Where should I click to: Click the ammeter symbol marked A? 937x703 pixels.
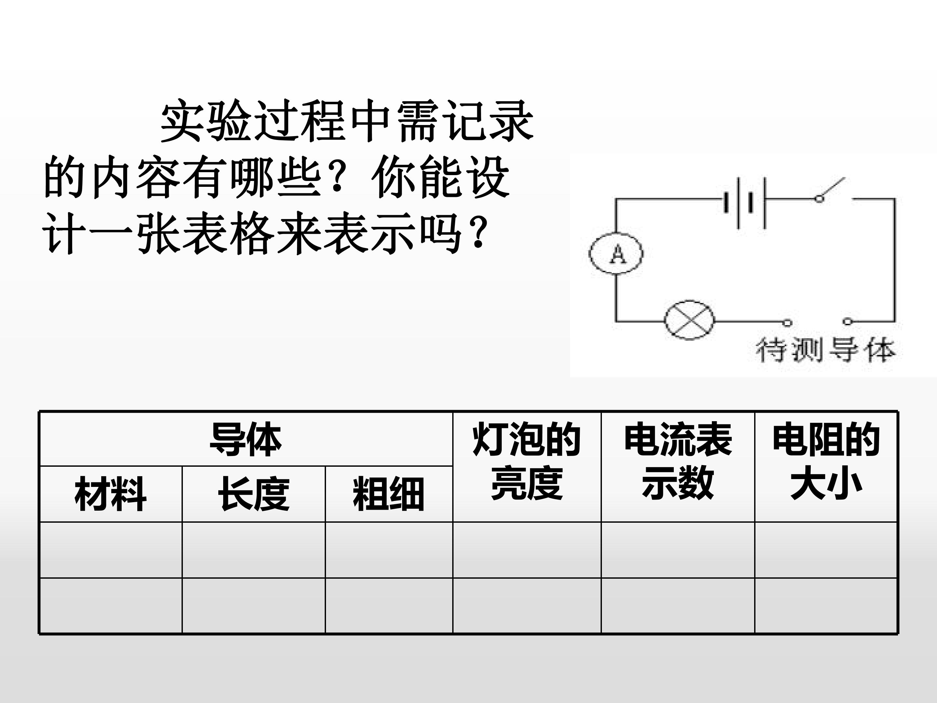(x=616, y=254)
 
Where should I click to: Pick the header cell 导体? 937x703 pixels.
(x=246, y=439)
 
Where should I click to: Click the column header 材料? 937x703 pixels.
(x=111, y=494)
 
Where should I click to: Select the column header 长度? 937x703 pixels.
(x=253, y=494)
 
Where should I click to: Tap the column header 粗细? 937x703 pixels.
(x=388, y=494)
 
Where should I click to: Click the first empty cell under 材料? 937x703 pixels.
(x=111, y=550)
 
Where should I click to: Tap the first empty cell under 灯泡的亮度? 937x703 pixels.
(x=527, y=550)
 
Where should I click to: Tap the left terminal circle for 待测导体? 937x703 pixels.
(x=787, y=323)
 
